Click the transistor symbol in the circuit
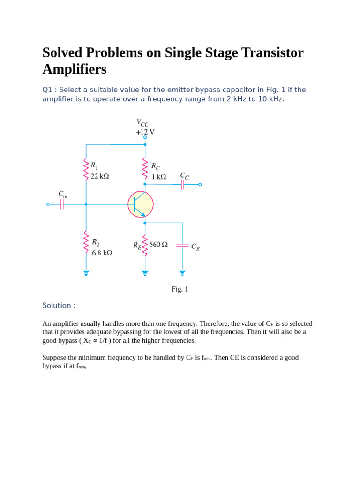pyautogui.click(x=141, y=204)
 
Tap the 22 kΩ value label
pyautogui.click(x=100, y=176)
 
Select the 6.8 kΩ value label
pyautogui.click(x=102, y=253)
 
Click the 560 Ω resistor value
pyautogui.click(x=158, y=244)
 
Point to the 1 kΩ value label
pyautogui.click(x=158, y=177)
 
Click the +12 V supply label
pyautogui.click(x=145, y=132)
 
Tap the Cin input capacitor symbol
pyautogui.click(x=62, y=204)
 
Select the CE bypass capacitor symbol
pyautogui.click(x=182, y=245)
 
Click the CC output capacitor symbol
pyautogui.click(x=182, y=184)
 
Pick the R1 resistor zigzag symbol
pyautogui.click(x=86, y=169)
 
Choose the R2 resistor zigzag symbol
pyautogui.click(x=86, y=241)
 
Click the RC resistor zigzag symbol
pyautogui.click(x=145, y=168)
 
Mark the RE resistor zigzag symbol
pyautogui.click(x=145, y=246)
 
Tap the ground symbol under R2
pyautogui.click(x=86, y=272)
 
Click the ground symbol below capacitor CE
pyautogui.click(x=182, y=272)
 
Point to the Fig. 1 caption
pyautogui.click(x=180, y=289)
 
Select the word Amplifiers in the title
pyautogui.click(x=74, y=69)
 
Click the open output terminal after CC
pyautogui.click(x=200, y=184)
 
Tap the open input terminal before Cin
pyautogui.click(x=48, y=204)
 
